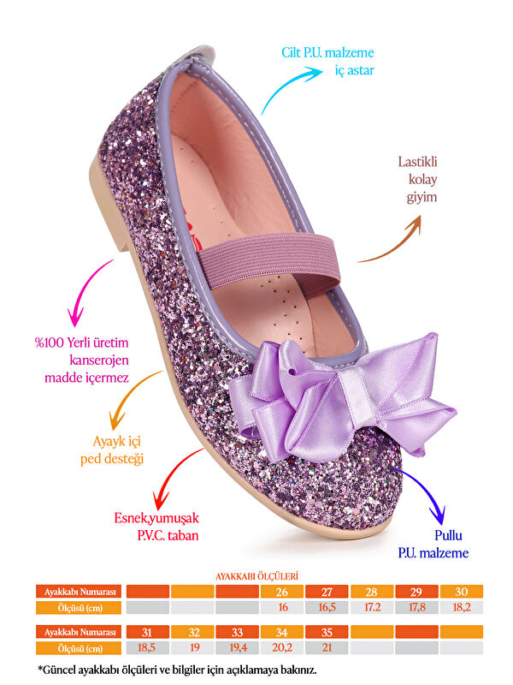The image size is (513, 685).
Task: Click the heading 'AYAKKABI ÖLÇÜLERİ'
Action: pos(256,576)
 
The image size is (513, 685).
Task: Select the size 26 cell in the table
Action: pos(281,591)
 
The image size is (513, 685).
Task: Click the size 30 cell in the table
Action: pos(462,591)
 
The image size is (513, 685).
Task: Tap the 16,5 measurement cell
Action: pos(327,607)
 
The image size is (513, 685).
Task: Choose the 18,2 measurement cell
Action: pos(462,607)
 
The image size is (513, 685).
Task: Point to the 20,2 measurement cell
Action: pos(281,647)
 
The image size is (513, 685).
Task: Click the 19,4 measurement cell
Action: pos(237,647)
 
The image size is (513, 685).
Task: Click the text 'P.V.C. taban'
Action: pos(156,534)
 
